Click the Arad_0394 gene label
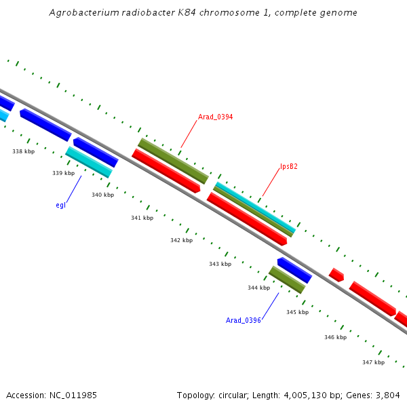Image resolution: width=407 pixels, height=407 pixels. pos(215,117)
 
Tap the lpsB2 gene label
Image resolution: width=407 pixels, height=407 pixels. pos(290,166)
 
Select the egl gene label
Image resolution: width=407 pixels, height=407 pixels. pos(60,205)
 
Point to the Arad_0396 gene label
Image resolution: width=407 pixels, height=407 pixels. pos(244,320)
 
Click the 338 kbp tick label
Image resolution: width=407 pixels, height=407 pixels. pos(23,151)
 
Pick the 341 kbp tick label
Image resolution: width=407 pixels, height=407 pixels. pos(142,218)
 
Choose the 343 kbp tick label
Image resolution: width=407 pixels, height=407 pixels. pos(220,264)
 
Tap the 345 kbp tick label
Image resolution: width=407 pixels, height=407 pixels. pos(297,312)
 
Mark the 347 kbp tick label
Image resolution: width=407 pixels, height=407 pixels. pos(373,362)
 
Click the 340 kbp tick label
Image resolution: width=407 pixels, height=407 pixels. pos(102,195)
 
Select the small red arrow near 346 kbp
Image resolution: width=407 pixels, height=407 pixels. pos(336,275)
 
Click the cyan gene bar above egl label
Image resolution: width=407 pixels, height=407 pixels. pos(89,162)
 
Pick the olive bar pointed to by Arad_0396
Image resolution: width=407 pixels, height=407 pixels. pos(287,279)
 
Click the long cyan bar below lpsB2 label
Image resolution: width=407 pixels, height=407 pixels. pos(255,207)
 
